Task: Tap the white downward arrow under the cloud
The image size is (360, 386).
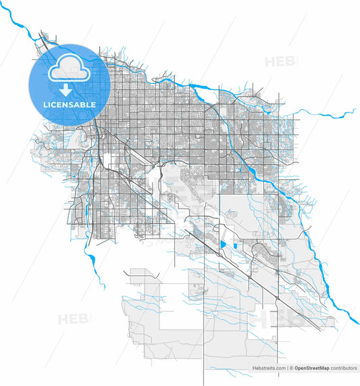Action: click(x=66, y=90)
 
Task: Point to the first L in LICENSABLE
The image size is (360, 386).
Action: click(x=45, y=105)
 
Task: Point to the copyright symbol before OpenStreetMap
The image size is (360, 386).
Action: click(x=292, y=368)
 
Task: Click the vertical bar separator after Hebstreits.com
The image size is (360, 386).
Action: click(x=288, y=368)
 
